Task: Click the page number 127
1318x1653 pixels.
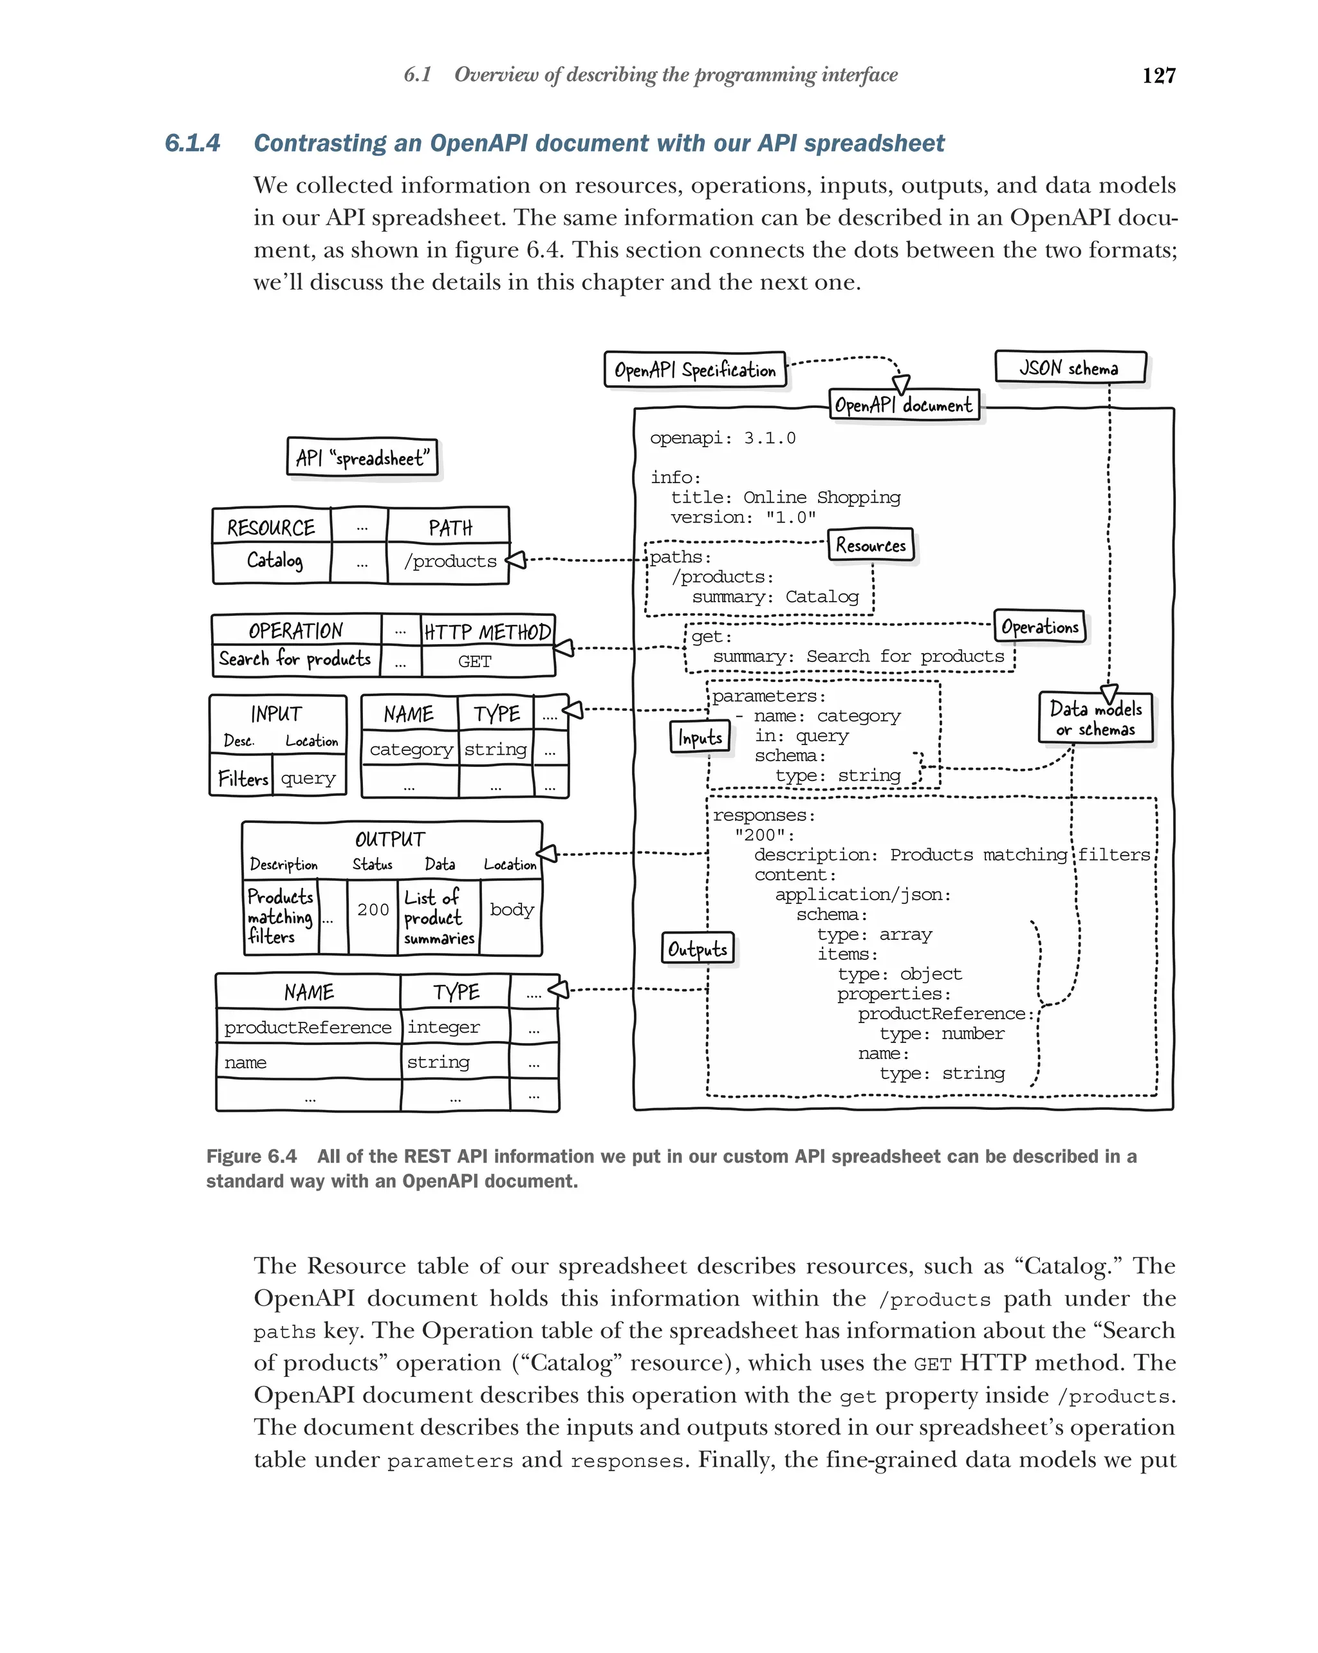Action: point(1158,75)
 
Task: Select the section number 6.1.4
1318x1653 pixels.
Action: point(192,143)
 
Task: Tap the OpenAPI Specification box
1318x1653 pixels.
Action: point(694,369)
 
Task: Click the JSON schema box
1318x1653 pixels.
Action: point(1070,367)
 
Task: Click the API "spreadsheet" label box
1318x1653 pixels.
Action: point(362,457)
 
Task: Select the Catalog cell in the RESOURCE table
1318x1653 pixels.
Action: point(274,560)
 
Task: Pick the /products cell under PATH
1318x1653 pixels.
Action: point(450,561)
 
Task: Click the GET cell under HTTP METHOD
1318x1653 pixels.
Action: point(474,661)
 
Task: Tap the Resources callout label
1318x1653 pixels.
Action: point(870,545)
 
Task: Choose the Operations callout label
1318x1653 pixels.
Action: point(1040,627)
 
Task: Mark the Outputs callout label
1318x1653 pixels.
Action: point(697,948)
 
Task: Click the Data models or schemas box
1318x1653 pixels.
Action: point(1095,718)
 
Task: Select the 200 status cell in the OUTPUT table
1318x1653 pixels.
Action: point(373,909)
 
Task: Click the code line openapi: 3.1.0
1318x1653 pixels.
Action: point(722,438)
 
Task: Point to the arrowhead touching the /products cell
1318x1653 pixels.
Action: point(516,560)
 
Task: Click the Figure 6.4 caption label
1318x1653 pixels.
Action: point(251,1156)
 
